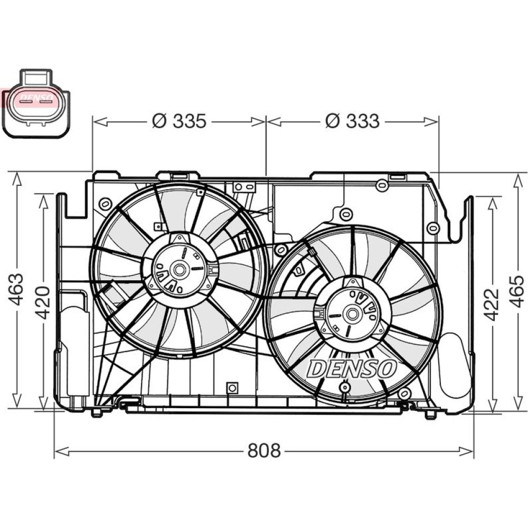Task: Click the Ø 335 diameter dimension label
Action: pyautogui.click(x=179, y=121)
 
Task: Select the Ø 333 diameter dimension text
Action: pyautogui.click(x=352, y=121)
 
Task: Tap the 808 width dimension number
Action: pyautogui.click(x=264, y=450)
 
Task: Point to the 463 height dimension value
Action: pyautogui.click(x=16, y=289)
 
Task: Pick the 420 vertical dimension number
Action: pyautogui.click(x=43, y=303)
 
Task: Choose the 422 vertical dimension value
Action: pyautogui.click(x=491, y=305)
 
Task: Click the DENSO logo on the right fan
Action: pyautogui.click(x=351, y=368)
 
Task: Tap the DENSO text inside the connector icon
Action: pyautogui.click(x=36, y=98)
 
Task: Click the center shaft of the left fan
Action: pyautogui.click(x=179, y=269)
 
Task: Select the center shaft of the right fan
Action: pyautogui.click(x=353, y=314)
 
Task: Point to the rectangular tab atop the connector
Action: pyautogui.click(x=36, y=78)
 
